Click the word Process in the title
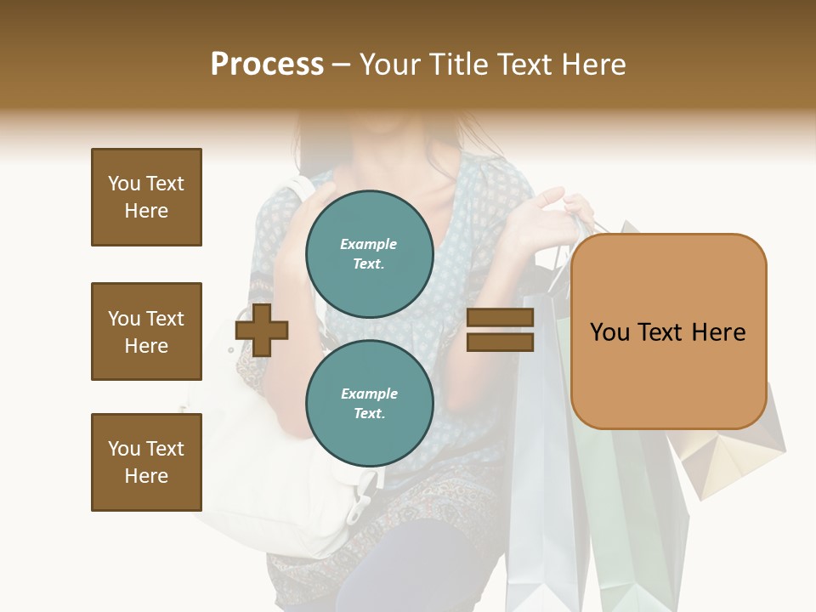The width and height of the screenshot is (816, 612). pos(267,65)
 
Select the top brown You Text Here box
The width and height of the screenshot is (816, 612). pos(146,197)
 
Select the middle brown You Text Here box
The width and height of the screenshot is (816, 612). pos(146,331)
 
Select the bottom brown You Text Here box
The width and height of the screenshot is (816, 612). pos(146,462)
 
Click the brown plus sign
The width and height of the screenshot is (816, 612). pos(262,330)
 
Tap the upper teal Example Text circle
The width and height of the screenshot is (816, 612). pos(370,254)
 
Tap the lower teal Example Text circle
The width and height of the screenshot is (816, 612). pos(370,404)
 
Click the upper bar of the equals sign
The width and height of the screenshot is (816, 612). pos(500,318)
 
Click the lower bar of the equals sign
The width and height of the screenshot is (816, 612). pos(500,342)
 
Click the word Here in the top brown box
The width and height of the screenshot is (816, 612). pos(146,211)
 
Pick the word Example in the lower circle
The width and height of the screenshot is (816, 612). pos(369,394)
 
